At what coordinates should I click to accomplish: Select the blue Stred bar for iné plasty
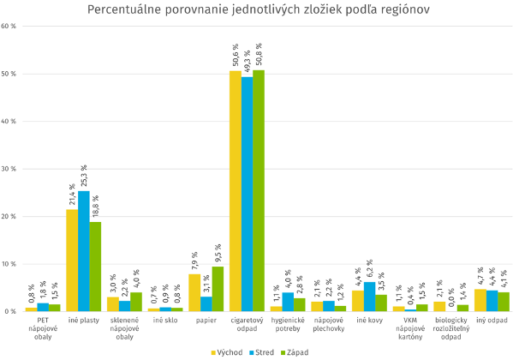tap(84, 251)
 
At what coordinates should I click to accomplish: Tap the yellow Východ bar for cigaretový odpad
tap(235, 191)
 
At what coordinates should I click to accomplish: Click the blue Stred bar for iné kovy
tap(369, 297)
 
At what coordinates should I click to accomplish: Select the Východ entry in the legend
tap(227, 351)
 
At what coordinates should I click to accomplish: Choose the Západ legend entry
tap(296, 351)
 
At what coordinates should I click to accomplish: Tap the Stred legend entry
tap(262, 351)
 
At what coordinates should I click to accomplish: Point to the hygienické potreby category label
tap(288, 325)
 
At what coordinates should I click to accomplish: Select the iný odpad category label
tap(492, 321)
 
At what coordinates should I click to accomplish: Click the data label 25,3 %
tap(84, 175)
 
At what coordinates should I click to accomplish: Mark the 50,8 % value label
tap(259, 54)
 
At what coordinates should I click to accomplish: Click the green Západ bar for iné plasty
tap(95, 267)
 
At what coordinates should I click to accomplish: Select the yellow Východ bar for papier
tap(194, 292)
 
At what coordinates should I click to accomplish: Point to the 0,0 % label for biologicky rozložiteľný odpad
tap(451, 297)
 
